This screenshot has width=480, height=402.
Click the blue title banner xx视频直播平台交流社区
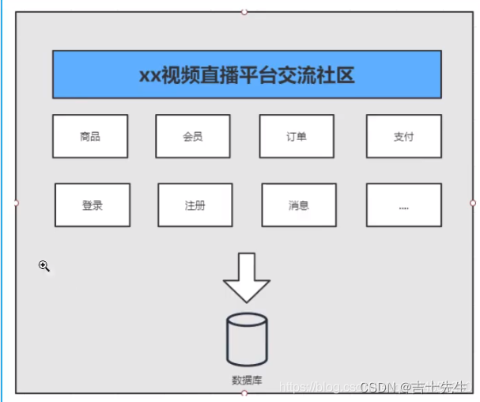tap(247, 74)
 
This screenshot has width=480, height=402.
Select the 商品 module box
tap(90, 136)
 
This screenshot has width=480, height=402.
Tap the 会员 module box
tap(193, 136)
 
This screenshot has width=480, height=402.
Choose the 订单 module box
tap(297, 136)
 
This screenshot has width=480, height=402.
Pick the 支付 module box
tap(403, 136)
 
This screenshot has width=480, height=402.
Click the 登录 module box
tap(93, 205)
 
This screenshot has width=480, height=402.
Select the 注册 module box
tap(195, 205)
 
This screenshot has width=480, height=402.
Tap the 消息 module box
tap(299, 205)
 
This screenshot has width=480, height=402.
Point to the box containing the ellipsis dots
tap(404, 205)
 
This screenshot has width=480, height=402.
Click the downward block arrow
tap(247, 277)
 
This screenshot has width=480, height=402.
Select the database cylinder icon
tap(247, 339)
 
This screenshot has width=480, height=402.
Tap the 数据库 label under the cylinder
tap(247, 381)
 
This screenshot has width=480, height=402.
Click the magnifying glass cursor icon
tap(44, 267)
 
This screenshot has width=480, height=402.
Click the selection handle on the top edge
tap(244, 11)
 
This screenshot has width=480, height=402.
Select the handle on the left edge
tap(16, 203)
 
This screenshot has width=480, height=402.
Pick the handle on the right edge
tap(473, 203)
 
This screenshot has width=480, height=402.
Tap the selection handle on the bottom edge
tap(244, 393)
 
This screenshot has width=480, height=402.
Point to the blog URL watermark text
tap(316, 387)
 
